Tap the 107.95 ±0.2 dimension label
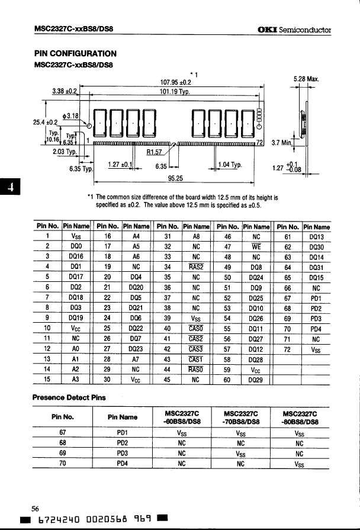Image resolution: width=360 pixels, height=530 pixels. pyautogui.click(x=175, y=82)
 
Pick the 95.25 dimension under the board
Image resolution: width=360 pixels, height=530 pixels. pyautogui.click(x=174, y=176)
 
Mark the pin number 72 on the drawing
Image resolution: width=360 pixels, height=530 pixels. pyautogui.click(x=259, y=142)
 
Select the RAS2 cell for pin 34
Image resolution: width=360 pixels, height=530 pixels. pyautogui.click(x=196, y=266)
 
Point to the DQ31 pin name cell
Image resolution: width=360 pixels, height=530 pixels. pyautogui.click(x=316, y=266)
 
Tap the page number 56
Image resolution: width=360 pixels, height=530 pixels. pyautogui.click(x=36, y=507)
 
